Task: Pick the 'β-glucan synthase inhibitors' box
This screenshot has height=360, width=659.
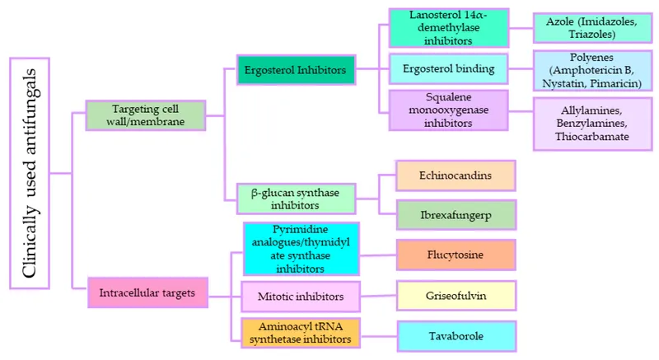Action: (296, 198)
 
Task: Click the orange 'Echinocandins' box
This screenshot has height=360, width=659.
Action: (456, 176)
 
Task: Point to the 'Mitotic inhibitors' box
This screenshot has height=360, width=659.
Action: (301, 294)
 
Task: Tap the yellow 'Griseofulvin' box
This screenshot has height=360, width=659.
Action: (456, 294)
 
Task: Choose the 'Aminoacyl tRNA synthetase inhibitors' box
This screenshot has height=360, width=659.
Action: (301, 332)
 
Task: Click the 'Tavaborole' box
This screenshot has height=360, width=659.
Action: (456, 336)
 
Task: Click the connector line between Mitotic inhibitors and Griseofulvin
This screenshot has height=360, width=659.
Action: (380, 294)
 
